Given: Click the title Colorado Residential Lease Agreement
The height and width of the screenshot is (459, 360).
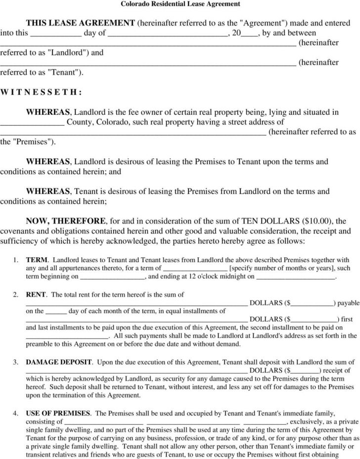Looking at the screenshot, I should pos(180,4).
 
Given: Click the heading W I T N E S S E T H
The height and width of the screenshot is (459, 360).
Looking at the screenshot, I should pos(41,92).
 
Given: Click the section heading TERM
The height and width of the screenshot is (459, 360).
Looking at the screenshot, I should pos(37,260).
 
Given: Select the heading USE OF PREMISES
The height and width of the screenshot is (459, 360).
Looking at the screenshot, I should pos(58,413).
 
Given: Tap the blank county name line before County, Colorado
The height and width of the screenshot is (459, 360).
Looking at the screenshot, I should pos(32,123).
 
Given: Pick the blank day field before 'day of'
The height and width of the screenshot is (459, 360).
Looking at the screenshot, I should pos(57,34).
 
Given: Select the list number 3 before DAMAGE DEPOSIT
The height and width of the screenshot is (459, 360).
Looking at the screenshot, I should pos(16,363).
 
